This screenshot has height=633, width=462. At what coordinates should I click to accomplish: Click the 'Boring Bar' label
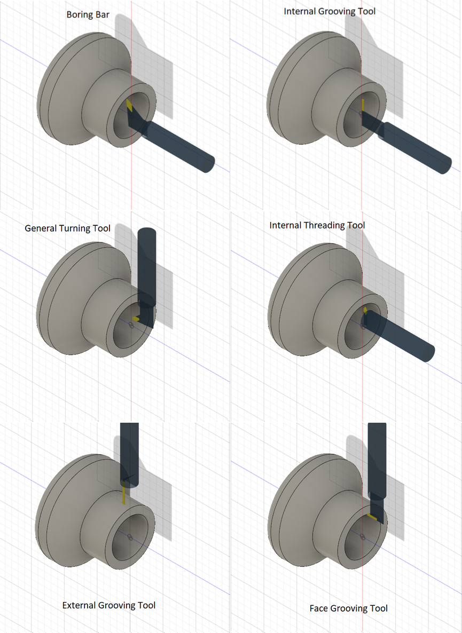click(x=88, y=14)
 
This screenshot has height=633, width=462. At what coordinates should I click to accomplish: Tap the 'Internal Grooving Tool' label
click(x=330, y=11)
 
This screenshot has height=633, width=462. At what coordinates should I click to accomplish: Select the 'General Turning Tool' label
click(x=67, y=228)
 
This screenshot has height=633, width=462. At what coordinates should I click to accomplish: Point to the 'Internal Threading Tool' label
click(x=317, y=225)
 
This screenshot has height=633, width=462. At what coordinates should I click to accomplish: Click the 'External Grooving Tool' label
click(x=108, y=605)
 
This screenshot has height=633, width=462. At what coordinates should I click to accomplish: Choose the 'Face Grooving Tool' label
click(x=349, y=608)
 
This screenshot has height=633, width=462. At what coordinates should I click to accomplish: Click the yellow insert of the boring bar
click(x=130, y=106)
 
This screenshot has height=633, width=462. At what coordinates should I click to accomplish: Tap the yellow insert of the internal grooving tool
click(x=363, y=105)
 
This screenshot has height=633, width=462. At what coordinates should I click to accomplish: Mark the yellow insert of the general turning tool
click(x=135, y=319)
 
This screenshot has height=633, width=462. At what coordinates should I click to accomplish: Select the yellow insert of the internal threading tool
click(x=365, y=310)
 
